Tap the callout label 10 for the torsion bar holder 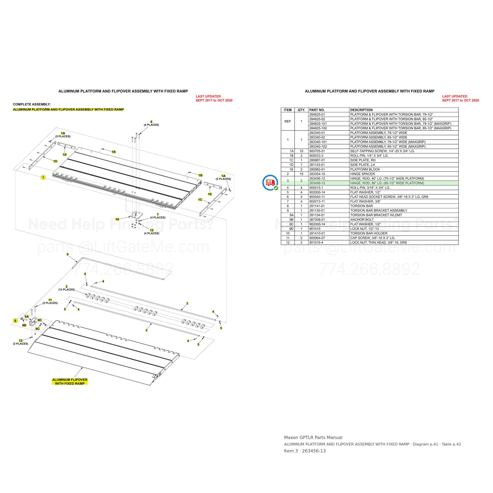tap(117, 219)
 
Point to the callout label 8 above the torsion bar tap(68, 254)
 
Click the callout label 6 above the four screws tap(151, 122)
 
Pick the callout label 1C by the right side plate tap(200, 200)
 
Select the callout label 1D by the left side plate tap(55, 161)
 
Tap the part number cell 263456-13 tap(317, 183)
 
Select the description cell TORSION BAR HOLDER tap(369, 233)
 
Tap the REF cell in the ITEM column tap(288, 121)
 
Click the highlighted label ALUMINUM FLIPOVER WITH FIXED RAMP tap(70, 382)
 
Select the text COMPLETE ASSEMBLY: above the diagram tap(32, 104)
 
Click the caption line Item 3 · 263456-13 tap(305, 451)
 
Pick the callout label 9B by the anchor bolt tap(24, 325)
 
